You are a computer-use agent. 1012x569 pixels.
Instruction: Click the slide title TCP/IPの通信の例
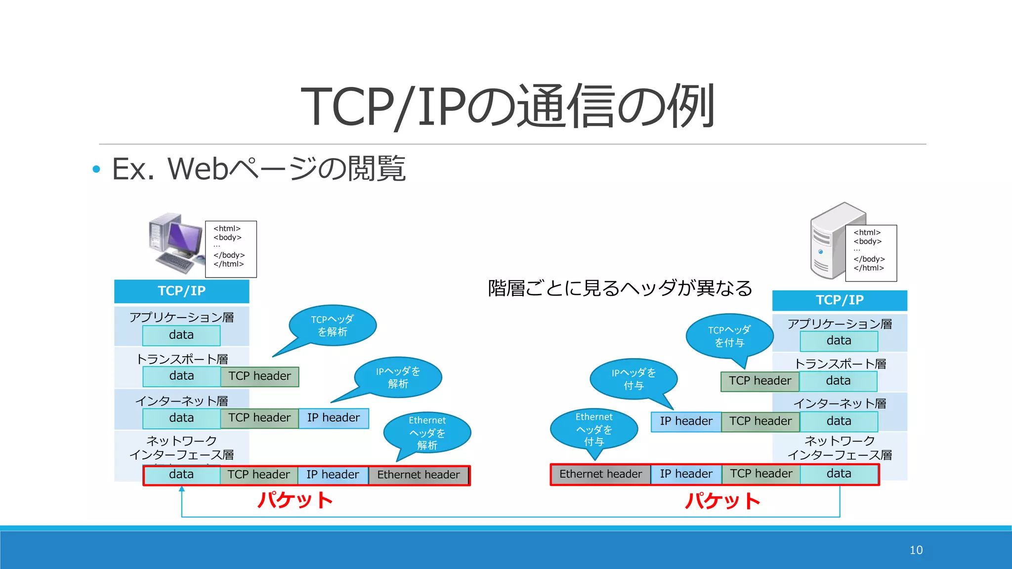click(x=507, y=106)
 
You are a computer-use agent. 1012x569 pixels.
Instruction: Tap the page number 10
click(x=916, y=550)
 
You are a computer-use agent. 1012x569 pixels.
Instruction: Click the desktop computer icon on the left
click(x=175, y=243)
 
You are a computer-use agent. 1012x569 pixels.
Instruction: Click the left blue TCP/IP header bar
click(x=181, y=291)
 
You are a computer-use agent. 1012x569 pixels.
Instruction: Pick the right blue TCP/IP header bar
click(x=839, y=300)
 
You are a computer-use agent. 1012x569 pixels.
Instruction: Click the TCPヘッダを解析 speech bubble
click(x=333, y=325)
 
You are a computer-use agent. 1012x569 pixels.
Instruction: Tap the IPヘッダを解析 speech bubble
click(x=398, y=377)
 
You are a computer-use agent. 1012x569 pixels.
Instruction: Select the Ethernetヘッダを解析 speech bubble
click(x=427, y=433)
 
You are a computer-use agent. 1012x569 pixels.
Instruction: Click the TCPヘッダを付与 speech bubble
click(x=729, y=336)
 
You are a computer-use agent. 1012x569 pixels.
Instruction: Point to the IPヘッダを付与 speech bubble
click(x=633, y=378)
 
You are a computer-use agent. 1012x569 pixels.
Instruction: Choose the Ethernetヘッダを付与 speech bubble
click(x=593, y=429)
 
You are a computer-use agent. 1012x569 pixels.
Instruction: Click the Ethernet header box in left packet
click(x=419, y=475)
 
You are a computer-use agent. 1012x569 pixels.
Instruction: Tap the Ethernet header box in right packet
click(x=600, y=474)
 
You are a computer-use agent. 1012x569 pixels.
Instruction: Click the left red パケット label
click(x=295, y=500)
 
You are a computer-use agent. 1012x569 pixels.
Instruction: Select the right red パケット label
click(x=722, y=501)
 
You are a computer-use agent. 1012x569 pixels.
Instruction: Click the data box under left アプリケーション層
click(x=181, y=335)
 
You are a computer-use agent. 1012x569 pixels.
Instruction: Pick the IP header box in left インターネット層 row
click(x=334, y=418)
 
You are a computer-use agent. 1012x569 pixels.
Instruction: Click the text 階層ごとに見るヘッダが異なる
click(x=620, y=288)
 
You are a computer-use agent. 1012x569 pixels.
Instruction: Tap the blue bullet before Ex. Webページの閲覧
click(x=96, y=169)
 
